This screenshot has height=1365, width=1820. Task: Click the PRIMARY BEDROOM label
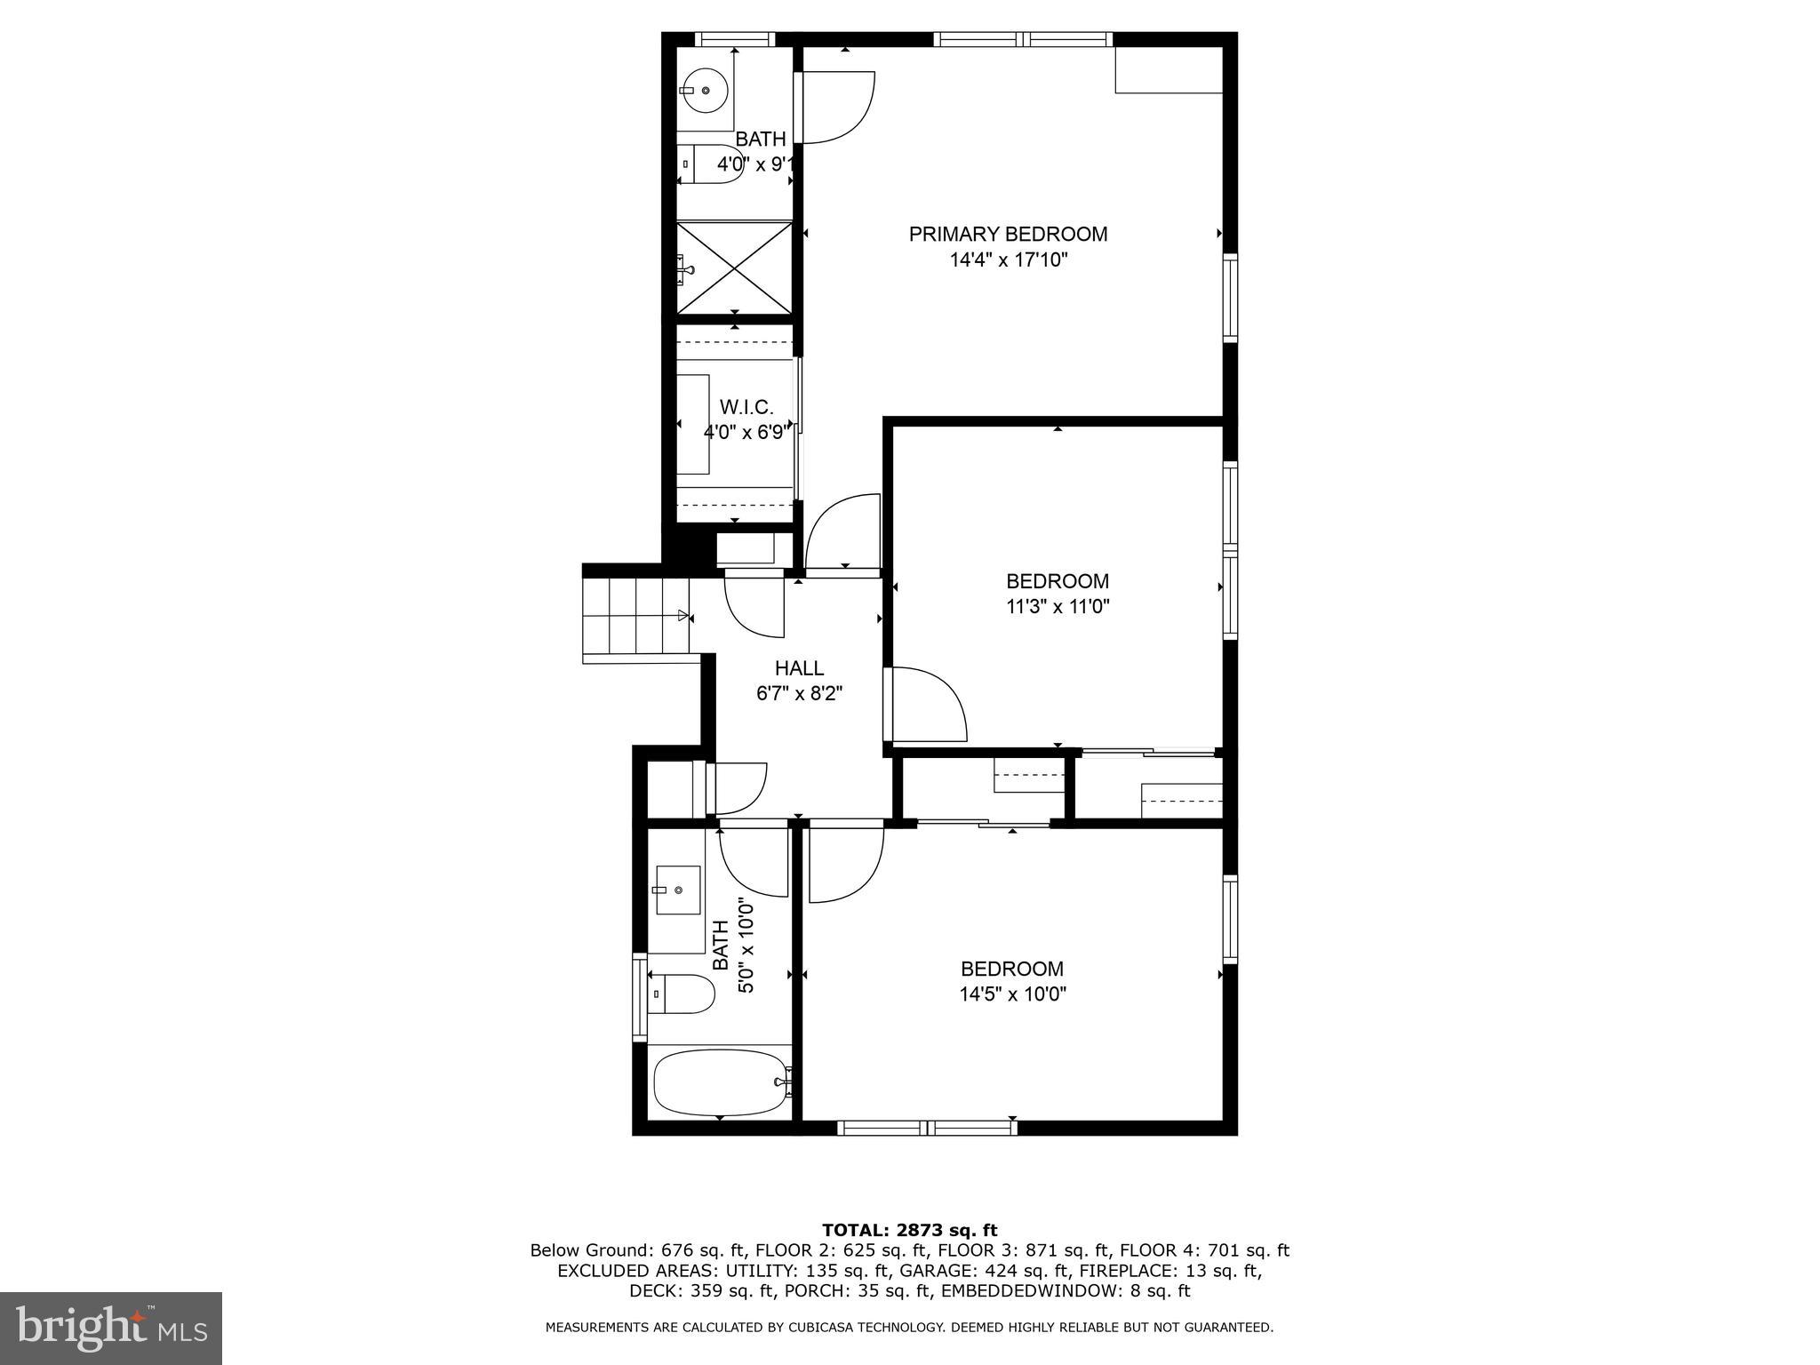[1008, 234]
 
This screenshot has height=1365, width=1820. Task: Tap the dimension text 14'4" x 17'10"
[1008, 260]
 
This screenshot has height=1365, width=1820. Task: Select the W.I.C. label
[746, 407]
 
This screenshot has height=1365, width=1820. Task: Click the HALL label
[799, 668]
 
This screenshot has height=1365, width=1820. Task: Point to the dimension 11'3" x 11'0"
[1057, 607]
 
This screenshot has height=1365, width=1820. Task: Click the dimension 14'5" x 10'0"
[1012, 994]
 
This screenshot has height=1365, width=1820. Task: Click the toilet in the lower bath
[682, 994]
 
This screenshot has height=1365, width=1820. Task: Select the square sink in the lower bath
[677, 890]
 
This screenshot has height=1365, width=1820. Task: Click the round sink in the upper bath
[706, 90]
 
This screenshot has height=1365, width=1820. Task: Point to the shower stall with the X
[734, 267]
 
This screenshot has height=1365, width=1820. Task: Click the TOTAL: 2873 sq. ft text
[909, 1230]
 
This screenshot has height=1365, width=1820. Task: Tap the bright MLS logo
[111, 1328]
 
